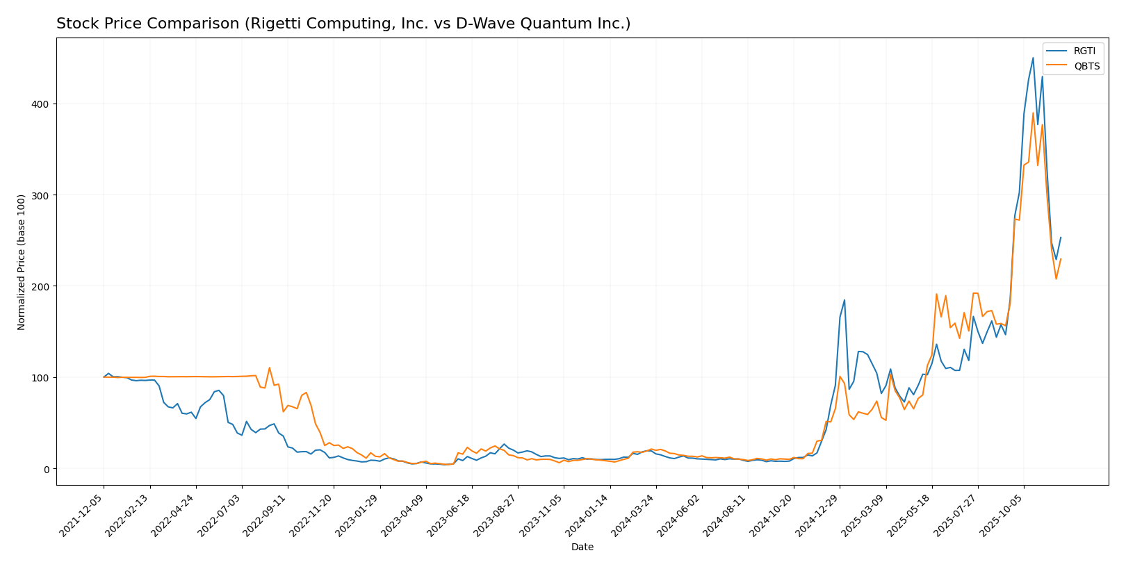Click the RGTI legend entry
1084,51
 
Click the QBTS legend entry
1086,67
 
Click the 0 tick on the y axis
47,469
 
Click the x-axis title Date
582,547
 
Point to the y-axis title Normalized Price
22,262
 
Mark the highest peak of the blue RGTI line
1033,58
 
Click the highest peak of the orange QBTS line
1033,113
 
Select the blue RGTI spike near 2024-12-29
844,300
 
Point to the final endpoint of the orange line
1061,259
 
